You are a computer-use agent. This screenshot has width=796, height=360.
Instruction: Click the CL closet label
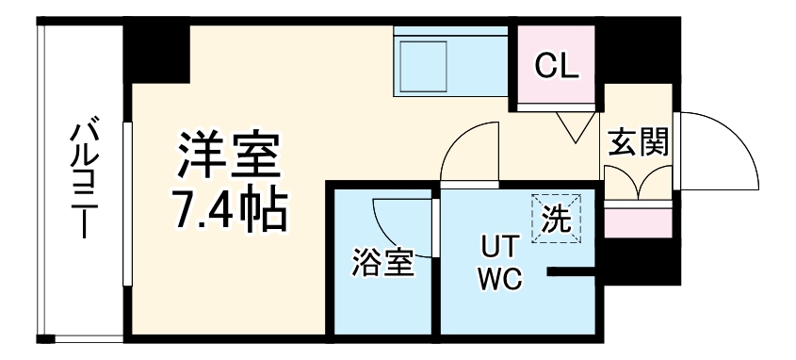click(557, 66)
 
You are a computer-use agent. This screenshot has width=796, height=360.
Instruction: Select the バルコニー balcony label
click(84, 179)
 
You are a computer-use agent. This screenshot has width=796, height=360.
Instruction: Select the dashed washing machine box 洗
click(556, 219)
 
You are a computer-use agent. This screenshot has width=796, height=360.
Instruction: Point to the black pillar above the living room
click(157, 52)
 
